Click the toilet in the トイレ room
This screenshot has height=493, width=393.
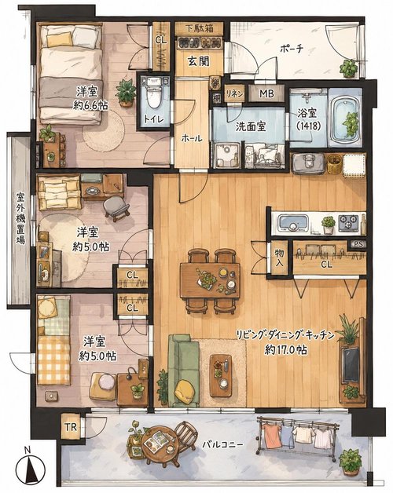tap(154, 93)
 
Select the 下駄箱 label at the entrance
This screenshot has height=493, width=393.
tap(199, 28)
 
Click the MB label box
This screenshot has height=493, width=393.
tap(266, 93)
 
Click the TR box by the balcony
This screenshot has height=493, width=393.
tap(71, 427)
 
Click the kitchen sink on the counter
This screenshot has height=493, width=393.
tap(293, 223)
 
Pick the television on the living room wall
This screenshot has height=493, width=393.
tap(351, 365)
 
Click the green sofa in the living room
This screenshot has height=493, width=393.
tap(183, 371)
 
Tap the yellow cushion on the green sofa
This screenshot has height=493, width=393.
tap(185, 391)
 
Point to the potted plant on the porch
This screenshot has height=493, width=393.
tap(349, 68)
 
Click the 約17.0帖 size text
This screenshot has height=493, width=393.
tap(285, 350)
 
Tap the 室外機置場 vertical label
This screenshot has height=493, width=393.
tap(20, 218)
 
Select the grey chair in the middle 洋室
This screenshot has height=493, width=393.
tap(116, 206)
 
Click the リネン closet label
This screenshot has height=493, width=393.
tap(234, 93)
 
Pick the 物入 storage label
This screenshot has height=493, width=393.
tap(279, 257)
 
